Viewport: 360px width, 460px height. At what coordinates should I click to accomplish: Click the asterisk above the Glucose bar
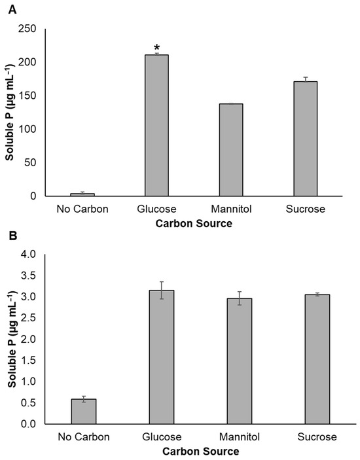(156, 48)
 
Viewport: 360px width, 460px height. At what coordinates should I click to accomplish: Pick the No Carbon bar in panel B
(83, 412)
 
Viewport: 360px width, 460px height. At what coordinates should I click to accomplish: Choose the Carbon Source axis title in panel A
(194, 224)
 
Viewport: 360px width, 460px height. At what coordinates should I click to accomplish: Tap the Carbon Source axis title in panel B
(194, 451)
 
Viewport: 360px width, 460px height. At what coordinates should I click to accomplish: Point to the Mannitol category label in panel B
(231, 437)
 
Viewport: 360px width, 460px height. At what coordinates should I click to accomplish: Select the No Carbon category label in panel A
(82, 209)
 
